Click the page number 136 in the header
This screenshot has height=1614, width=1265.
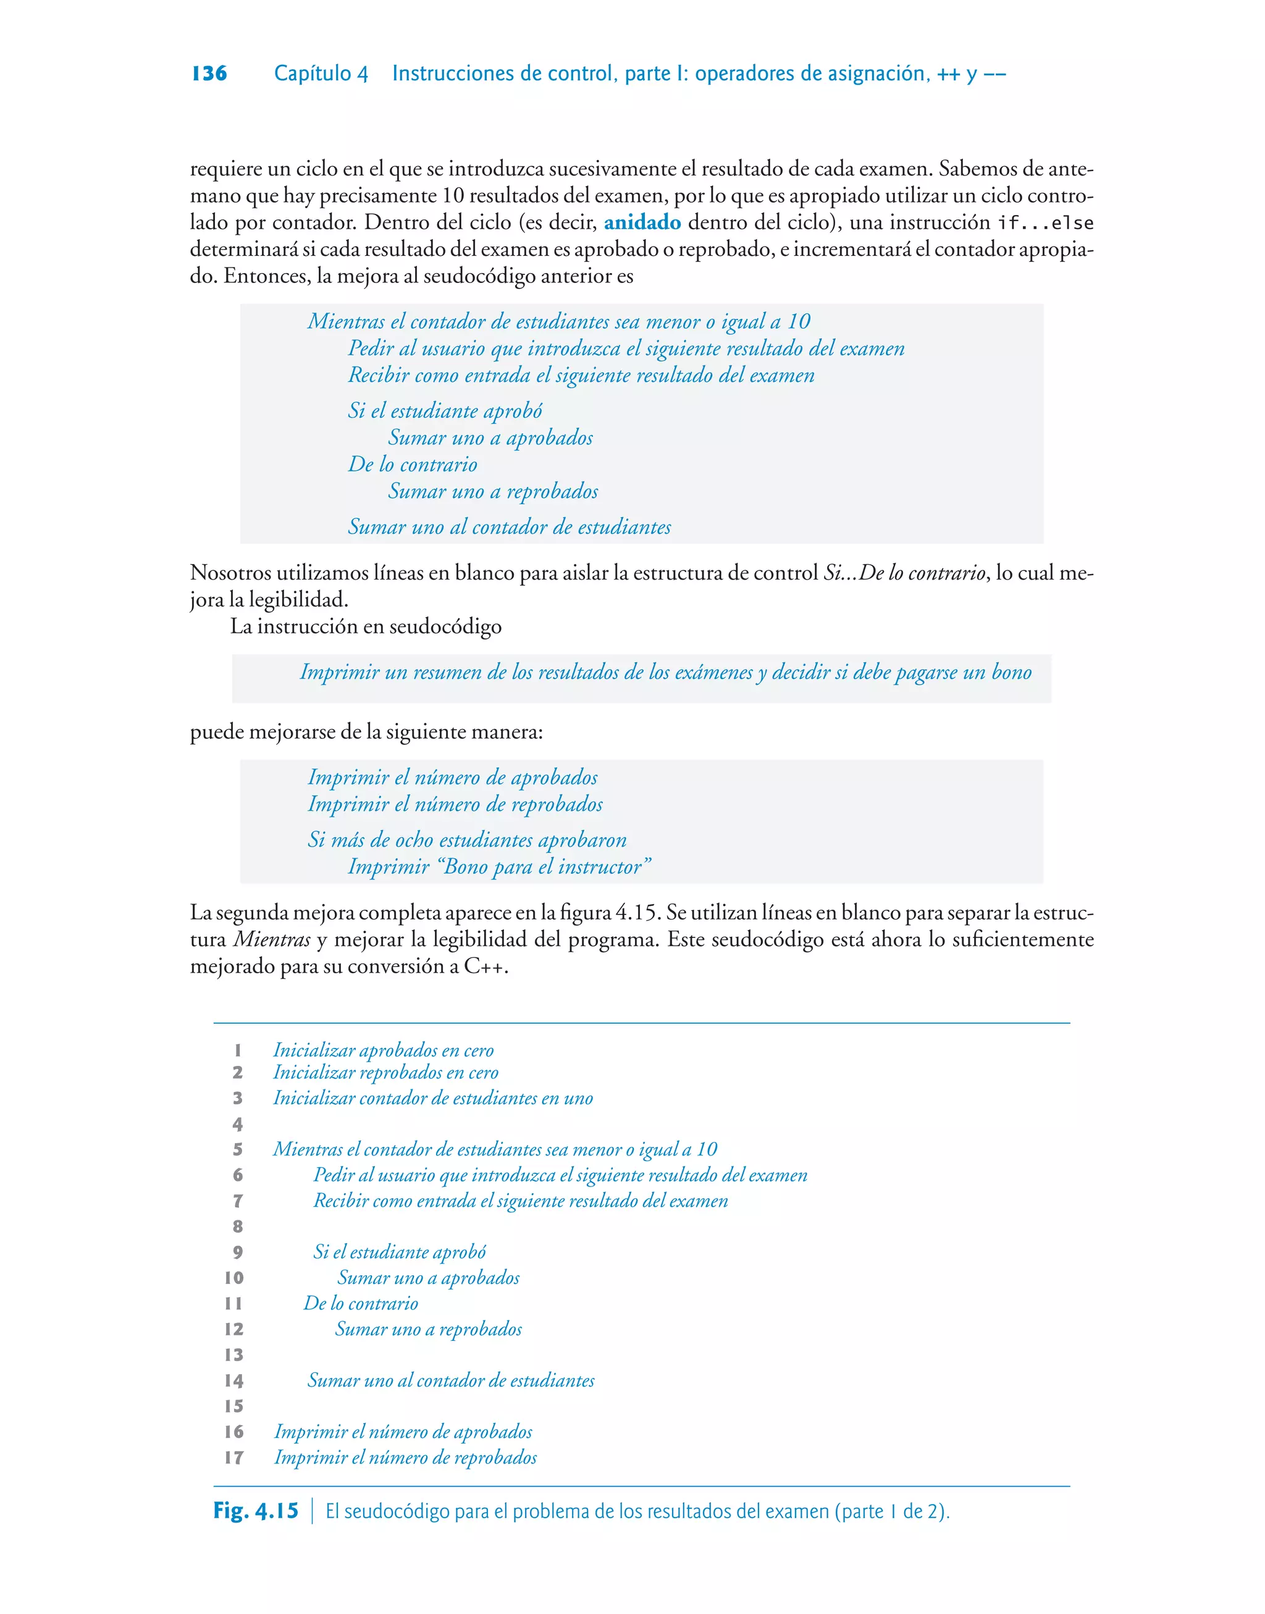click(209, 74)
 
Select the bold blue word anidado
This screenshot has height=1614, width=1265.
click(642, 222)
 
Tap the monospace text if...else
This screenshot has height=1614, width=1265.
click(1045, 224)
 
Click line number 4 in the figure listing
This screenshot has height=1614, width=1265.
click(238, 1125)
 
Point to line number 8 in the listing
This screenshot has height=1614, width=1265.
click(238, 1227)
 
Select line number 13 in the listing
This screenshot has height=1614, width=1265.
click(234, 1354)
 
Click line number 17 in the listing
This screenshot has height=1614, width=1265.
click(234, 1458)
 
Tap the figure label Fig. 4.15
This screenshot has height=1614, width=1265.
click(256, 1511)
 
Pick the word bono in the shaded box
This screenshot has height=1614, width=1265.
click(1011, 672)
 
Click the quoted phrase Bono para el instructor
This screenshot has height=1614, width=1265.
click(545, 866)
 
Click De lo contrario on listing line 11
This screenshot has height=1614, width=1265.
click(361, 1304)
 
